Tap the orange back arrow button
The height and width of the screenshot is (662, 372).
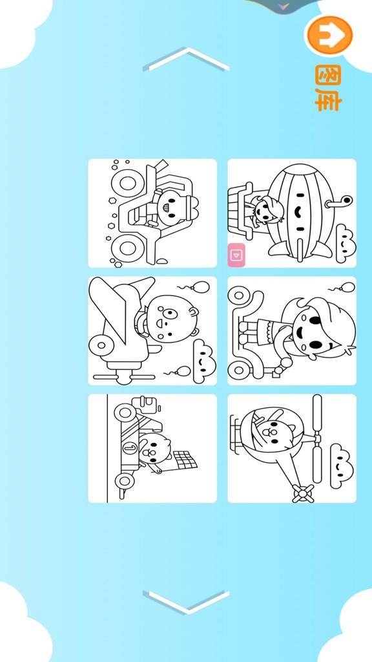329,35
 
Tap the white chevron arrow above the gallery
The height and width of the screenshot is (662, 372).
187,59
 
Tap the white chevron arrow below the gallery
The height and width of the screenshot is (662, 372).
187,602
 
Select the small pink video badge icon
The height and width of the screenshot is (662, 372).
236,255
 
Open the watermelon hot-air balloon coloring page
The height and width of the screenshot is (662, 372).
292,213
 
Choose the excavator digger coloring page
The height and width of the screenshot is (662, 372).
152,213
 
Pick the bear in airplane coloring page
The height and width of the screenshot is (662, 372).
152,330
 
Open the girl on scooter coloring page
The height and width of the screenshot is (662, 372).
292,330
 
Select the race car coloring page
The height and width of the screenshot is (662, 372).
152,449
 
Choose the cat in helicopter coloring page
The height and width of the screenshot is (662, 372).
292,449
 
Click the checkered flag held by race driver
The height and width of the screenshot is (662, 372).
185,460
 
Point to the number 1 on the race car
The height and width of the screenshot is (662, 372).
130,448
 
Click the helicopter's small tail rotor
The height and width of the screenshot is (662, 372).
304,493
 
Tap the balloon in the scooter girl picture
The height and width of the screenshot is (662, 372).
347,288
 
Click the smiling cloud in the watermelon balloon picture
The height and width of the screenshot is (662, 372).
346,243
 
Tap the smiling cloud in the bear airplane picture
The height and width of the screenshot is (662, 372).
205,361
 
